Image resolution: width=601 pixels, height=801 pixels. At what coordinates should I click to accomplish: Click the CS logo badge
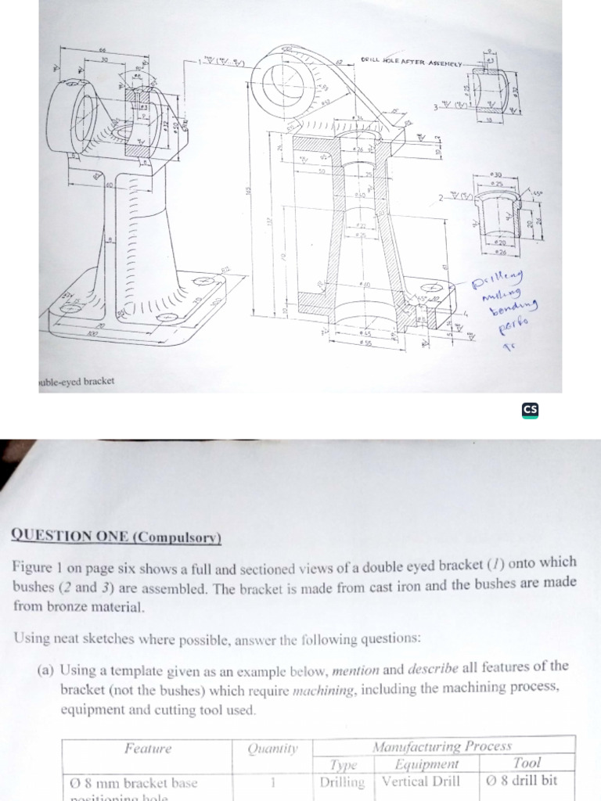coord(531,409)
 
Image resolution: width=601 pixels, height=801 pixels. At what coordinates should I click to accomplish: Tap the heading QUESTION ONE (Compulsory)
coord(117,537)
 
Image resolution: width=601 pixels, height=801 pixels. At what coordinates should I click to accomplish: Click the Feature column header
coord(147,748)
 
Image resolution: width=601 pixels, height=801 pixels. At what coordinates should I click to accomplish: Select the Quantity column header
coord(274,749)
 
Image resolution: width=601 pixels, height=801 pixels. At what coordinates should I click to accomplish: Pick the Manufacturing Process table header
coord(444,745)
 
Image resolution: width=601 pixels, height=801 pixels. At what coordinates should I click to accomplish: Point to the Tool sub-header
coord(527,762)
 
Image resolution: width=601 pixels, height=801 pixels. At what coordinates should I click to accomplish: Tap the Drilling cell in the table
coord(342,781)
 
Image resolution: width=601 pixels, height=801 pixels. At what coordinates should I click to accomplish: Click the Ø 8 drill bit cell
coord(527,780)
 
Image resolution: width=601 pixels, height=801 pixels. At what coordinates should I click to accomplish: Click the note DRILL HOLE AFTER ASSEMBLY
coord(412,62)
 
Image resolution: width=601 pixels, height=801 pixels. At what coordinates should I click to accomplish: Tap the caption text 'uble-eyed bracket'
coord(76,381)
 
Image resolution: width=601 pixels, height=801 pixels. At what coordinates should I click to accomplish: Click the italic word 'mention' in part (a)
coord(354,670)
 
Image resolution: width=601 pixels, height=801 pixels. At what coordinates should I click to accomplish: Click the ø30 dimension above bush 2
coord(495,174)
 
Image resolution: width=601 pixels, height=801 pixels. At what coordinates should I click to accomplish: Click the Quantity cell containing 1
coord(274,781)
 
